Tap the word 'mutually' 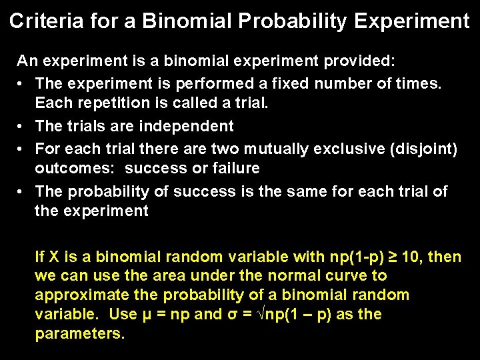point(271,148)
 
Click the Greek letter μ point(148,314)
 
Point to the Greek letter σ point(229,314)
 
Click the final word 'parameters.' point(79,333)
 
